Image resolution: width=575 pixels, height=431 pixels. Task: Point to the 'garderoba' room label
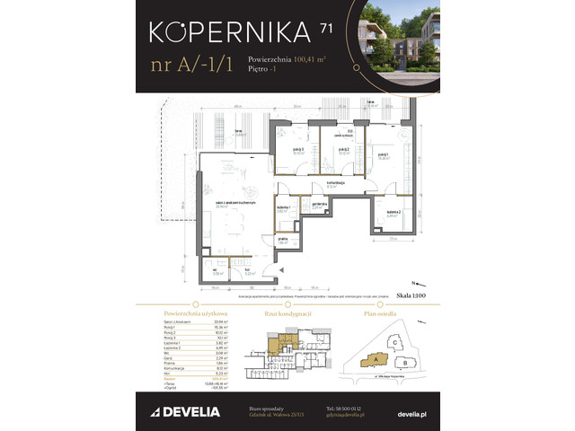(318, 204)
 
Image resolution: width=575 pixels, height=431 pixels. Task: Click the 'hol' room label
(247, 271)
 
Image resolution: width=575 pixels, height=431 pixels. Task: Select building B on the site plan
(405, 364)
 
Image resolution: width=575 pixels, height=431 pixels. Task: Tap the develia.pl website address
(412, 411)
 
